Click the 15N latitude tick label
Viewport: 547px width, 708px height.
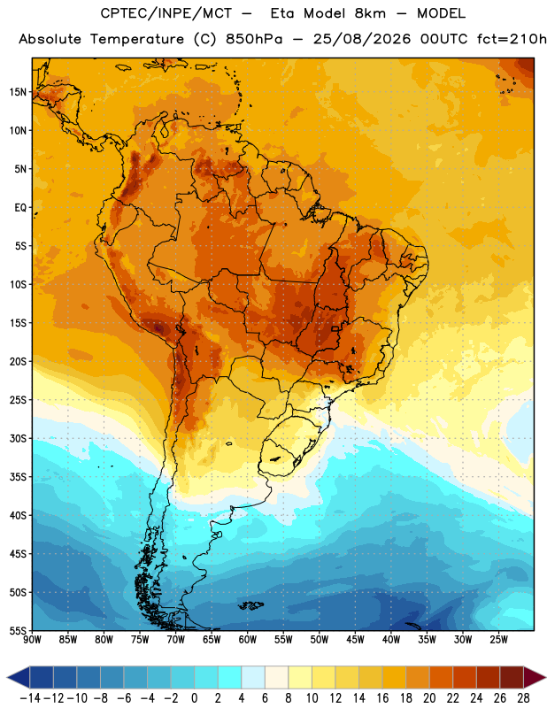click(18, 92)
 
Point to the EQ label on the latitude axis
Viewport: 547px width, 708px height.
click(20, 208)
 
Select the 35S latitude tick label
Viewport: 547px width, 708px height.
click(18, 477)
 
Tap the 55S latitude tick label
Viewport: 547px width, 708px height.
click(18, 630)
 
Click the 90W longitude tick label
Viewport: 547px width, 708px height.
click(32, 639)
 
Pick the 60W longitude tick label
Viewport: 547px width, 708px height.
click(248, 639)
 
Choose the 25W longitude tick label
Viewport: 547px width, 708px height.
click(498, 639)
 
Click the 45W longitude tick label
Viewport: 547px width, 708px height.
click(355, 639)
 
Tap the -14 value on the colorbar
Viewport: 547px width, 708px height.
click(30, 698)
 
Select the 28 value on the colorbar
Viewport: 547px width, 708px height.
click(523, 698)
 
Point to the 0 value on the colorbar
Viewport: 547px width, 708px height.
click(194, 698)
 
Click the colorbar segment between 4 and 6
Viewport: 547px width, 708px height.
click(253, 677)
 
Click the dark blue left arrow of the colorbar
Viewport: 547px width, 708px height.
click(19, 677)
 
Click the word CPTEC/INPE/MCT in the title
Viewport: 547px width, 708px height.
click(166, 13)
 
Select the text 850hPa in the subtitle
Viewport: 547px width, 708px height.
click(254, 39)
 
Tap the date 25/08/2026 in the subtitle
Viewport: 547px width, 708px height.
click(362, 39)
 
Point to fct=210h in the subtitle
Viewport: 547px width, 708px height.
click(512, 39)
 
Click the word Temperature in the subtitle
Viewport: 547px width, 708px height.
click(137, 40)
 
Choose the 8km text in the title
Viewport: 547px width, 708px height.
click(370, 13)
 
